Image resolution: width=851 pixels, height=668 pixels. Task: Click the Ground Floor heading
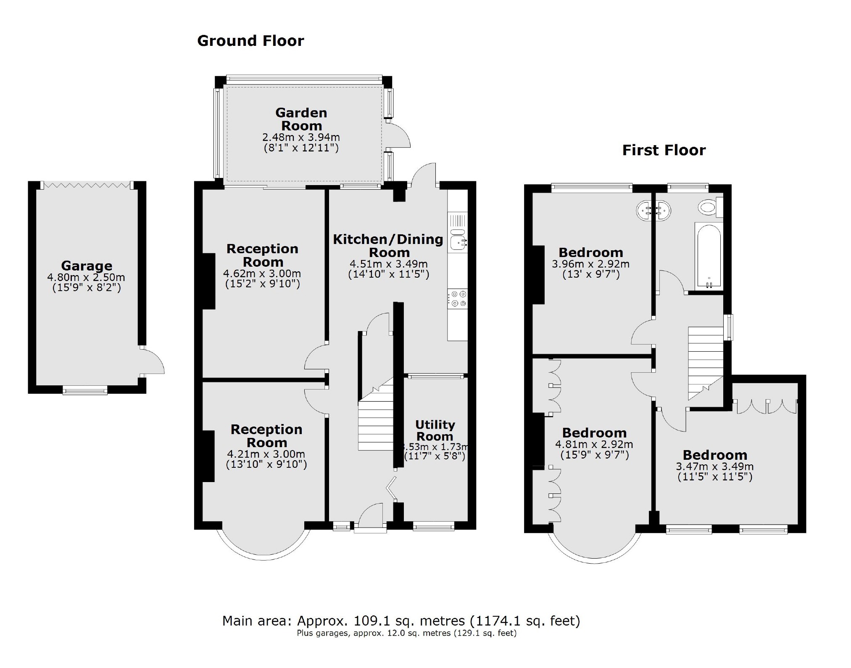point(250,41)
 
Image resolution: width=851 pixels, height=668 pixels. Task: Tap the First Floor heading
point(664,150)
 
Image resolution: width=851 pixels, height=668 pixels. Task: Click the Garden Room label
point(301,119)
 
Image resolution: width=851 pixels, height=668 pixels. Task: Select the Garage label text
point(87,266)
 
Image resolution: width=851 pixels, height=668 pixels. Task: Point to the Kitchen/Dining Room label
point(388,246)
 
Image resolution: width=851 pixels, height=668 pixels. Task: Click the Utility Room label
point(435,430)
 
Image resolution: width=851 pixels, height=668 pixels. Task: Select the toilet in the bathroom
point(709,207)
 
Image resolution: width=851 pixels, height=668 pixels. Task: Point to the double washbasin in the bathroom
point(653,210)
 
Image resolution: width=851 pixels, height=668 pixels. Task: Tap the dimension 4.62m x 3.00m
point(262,273)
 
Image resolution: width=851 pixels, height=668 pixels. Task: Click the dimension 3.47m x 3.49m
point(714,467)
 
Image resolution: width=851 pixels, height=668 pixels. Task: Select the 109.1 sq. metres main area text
point(401,620)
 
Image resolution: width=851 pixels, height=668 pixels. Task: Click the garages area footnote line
point(406,633)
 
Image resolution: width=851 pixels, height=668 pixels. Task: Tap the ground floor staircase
point(375,423)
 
